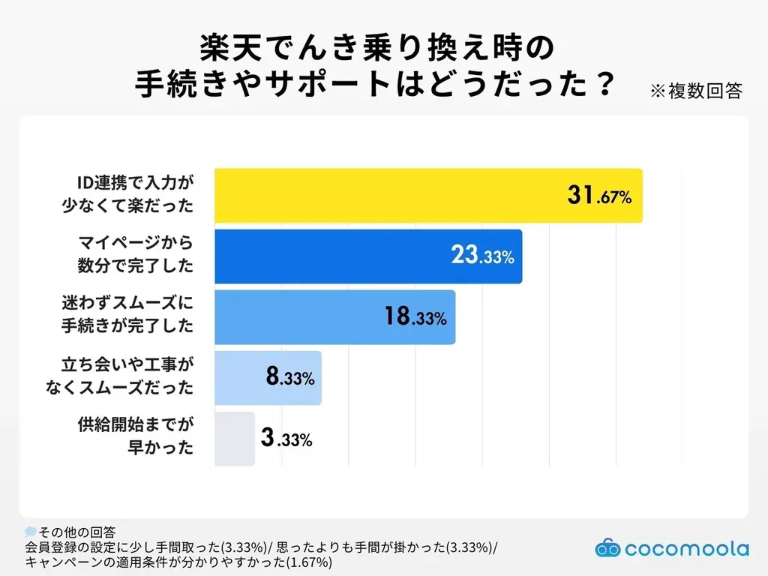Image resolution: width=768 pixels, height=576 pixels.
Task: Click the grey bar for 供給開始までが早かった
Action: click(235, 439)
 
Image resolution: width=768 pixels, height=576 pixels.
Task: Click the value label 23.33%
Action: click(481, 256)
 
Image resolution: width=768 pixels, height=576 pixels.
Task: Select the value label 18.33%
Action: click(415, 317)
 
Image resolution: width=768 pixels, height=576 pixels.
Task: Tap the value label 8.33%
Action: click(289, 378)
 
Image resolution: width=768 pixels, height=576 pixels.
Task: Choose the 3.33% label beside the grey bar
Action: click(286, 439)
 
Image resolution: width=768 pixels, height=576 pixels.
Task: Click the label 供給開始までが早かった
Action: click(136, 439)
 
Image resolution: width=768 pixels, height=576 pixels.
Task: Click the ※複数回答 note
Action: click(695, 91)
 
